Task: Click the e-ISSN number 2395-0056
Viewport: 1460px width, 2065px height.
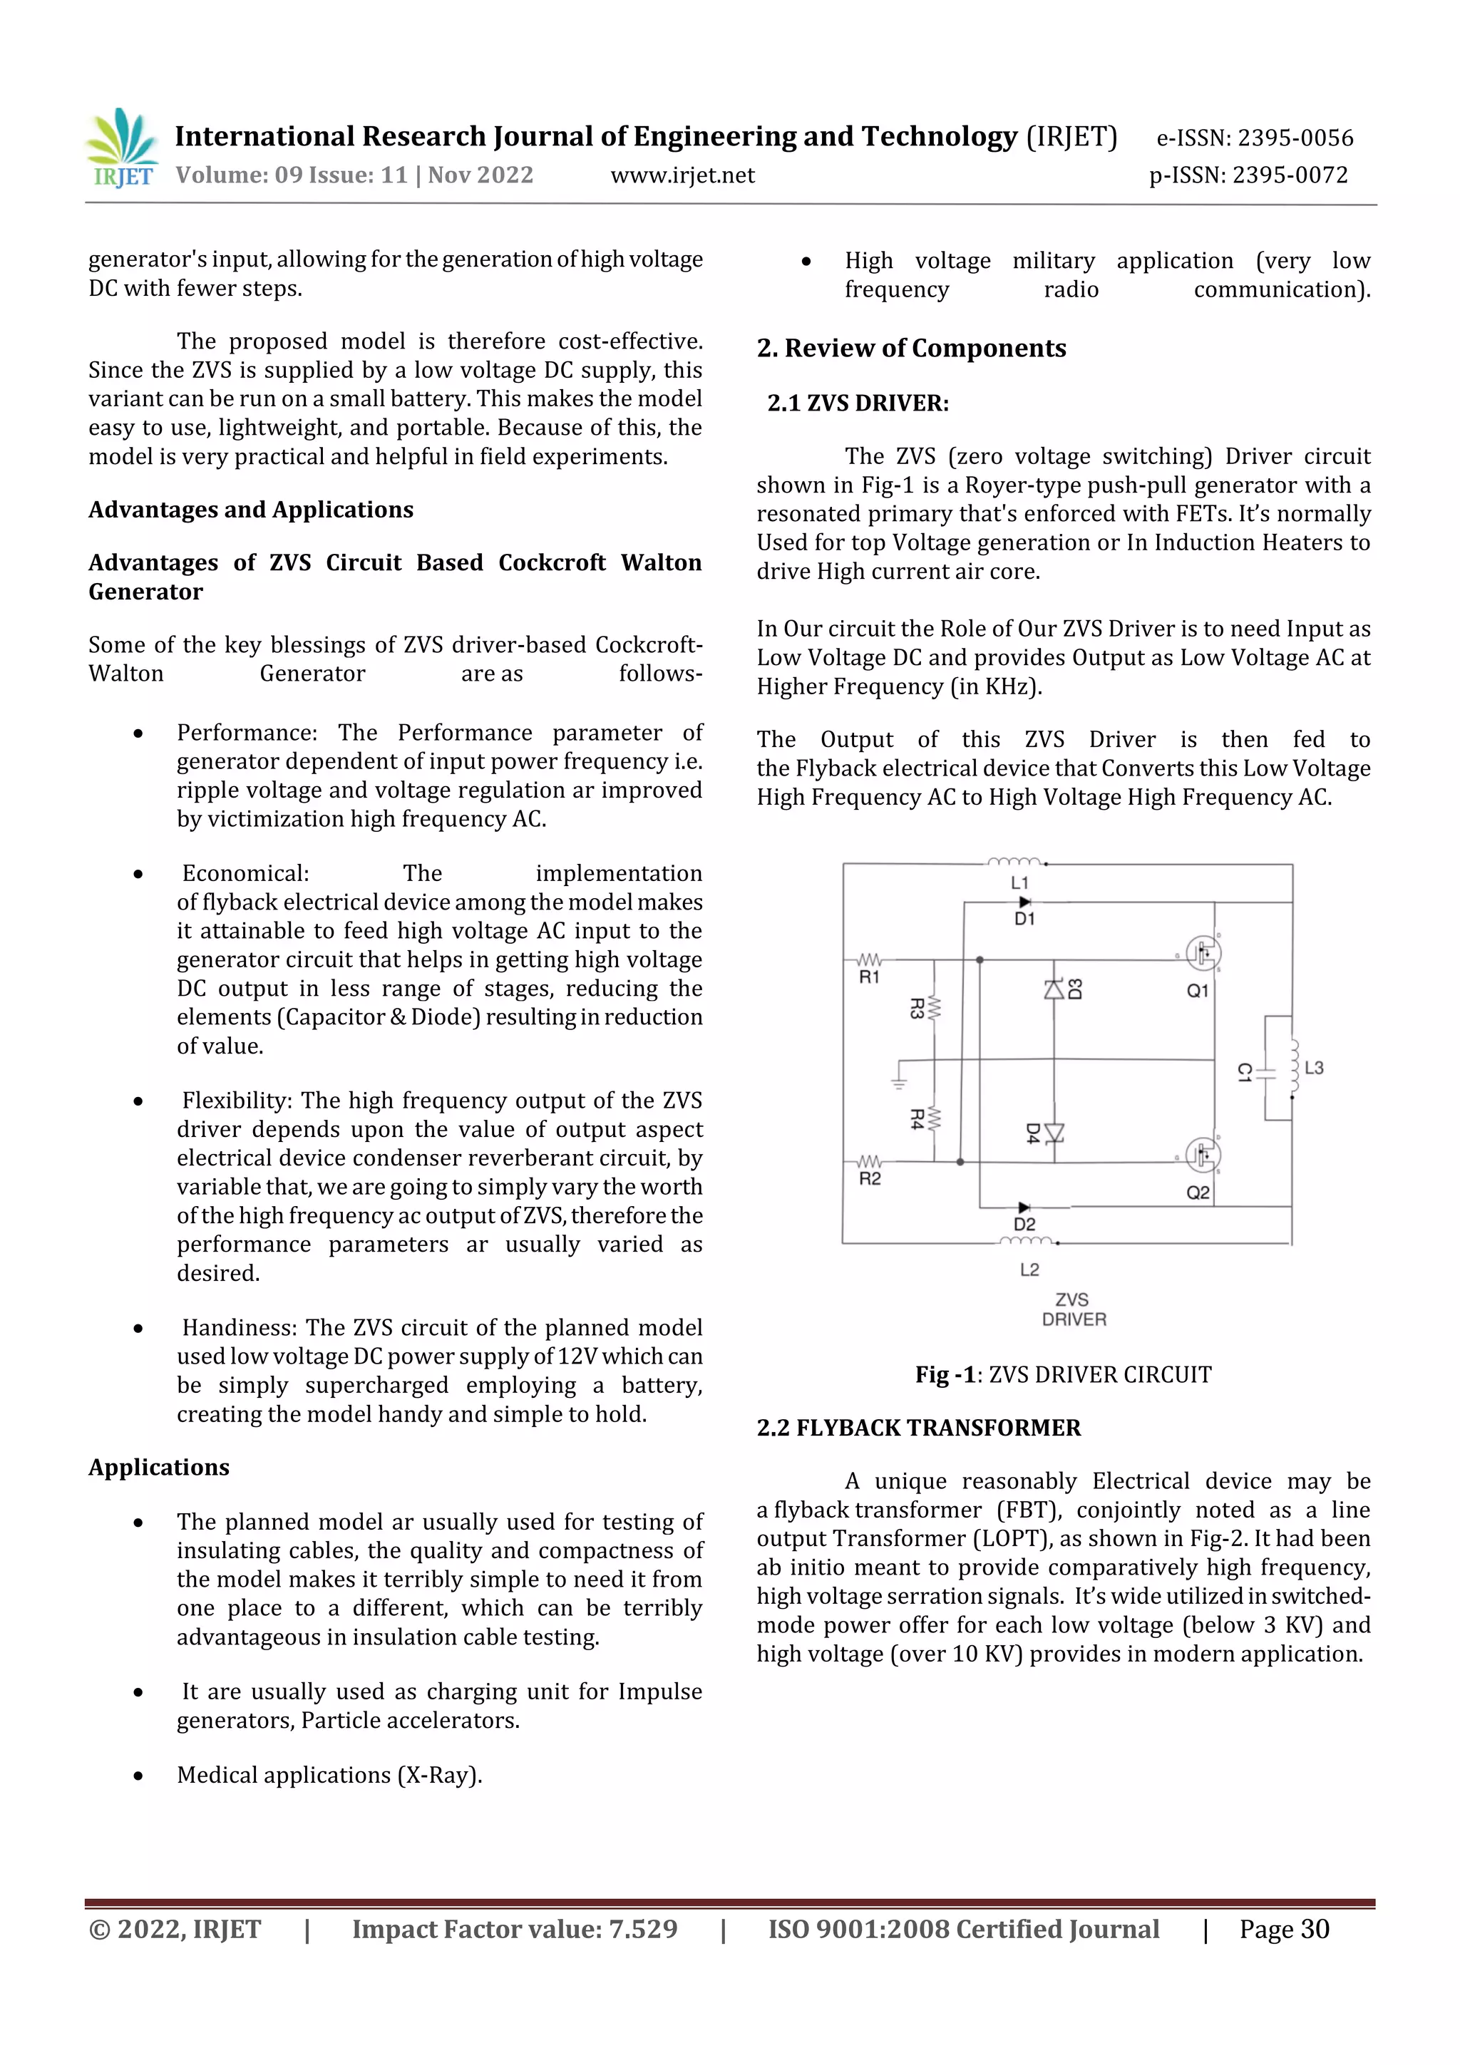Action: (1295, 138)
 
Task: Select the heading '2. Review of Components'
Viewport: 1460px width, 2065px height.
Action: (911, 348)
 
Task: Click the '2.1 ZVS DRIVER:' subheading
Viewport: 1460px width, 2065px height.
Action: (858, 403)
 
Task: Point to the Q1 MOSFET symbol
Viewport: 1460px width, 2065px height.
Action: (1202, 953)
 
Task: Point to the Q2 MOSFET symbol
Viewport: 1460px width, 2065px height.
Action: (1202, 1155)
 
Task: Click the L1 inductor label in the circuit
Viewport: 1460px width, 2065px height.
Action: (1019, 883)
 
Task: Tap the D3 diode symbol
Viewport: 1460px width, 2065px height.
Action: (1054, 989)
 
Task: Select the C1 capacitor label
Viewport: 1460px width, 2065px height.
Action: (1244, 1072)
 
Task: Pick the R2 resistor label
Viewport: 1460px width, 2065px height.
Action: (870, 1178)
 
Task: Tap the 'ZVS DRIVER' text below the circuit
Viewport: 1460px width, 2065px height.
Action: (1073, 1309)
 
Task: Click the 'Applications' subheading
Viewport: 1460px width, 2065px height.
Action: (159, 1467)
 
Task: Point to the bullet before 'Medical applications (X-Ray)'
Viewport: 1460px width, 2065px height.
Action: (138, 1776)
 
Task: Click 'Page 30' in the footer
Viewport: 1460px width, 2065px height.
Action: (1284, 1928)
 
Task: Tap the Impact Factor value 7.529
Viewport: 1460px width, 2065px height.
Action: (642, 1928)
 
